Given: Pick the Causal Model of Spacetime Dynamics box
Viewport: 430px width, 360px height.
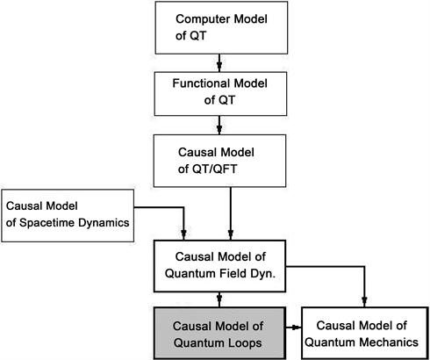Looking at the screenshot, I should point(68,214).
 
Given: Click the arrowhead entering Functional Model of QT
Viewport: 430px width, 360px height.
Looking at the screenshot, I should point(219,66).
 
